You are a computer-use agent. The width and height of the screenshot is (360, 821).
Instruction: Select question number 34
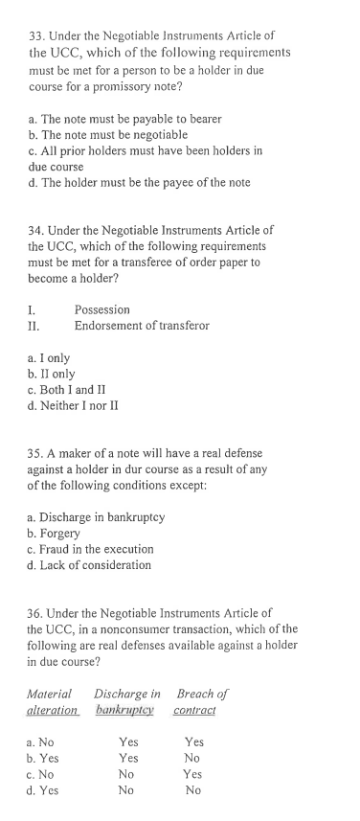click(38, 230)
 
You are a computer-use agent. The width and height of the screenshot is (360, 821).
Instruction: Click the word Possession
click(101, 310)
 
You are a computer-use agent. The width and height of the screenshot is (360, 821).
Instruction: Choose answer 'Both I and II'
click(74, 389)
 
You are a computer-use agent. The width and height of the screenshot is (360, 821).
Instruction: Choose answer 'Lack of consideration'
click(90, 565)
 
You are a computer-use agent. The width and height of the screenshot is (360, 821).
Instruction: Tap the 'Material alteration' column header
click(54, 701)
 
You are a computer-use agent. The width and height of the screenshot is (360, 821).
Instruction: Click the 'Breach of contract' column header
click(194, 701)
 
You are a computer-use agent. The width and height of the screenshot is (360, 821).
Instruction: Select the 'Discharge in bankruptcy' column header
click(127, 701)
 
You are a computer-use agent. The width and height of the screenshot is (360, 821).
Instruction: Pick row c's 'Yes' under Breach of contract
click(193, 774)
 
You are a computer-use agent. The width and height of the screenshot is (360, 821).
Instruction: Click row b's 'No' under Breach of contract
click(193, 758)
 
